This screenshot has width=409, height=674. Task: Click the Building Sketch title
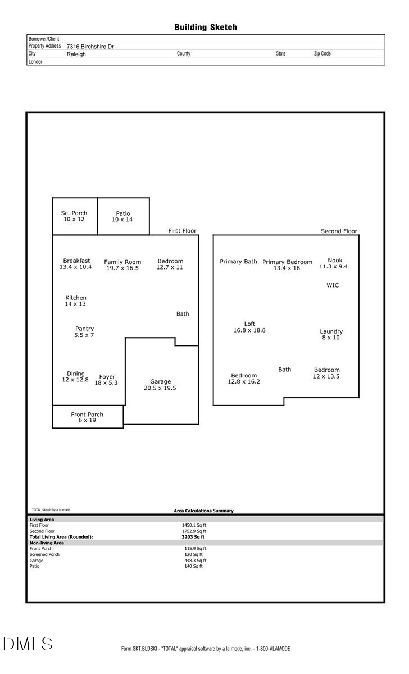(205, 27)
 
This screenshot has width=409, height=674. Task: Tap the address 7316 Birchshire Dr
(90, 47)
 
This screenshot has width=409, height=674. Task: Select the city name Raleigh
(76, 54)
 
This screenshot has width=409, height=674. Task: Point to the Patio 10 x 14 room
(123, 216)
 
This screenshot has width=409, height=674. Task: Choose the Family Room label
(122, 262)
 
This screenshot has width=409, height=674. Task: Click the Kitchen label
(76, 298)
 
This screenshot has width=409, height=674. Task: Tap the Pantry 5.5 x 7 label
(84, 331)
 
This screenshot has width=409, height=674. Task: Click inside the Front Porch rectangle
(88, 417)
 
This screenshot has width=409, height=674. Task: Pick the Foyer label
(107, 377)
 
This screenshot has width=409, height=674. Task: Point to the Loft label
(249, 324)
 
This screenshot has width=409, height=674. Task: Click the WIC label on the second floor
(333, 285)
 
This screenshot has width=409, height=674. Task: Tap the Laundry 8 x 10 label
(331, 334)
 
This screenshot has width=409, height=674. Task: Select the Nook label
(335, 261)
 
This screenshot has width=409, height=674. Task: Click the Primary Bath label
(238, 262)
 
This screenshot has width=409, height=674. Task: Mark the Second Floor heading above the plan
(339, 231)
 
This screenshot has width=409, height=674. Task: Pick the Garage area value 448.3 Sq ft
(196, 561)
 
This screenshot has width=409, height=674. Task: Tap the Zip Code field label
(322, 54)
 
